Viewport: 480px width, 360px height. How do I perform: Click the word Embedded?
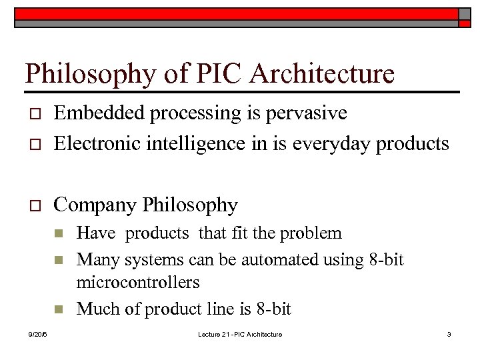pyautogui.click(x=100, y=113)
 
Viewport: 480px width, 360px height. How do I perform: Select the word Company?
pyautogui.click(x=95, y=205)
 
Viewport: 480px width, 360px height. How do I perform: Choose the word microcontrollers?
pyautogui.click(x=138, y=283)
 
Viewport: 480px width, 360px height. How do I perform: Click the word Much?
pyautogui.click(x=95, y=309)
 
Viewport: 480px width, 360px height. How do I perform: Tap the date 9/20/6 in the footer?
pyautogui.click(x=38, y=334)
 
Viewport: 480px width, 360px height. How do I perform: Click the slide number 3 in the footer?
pyautogui.click(x=449, y=334)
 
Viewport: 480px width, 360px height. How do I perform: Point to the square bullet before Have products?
pyautogui.click(x=58, y=234)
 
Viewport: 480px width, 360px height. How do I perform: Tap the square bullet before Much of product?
pyautogui.click(x=58, y=309)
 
